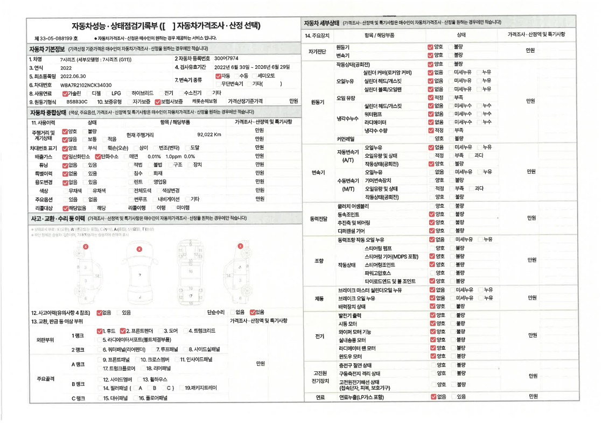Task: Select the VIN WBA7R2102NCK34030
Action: [x=86, y=85]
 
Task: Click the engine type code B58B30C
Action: [x=76, y=101]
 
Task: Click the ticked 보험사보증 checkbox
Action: [x=158, y=101]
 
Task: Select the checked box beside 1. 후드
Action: [x=99, y=331]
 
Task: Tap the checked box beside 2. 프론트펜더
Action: [x=123, y=331]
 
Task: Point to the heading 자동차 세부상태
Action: [x=321, y=23]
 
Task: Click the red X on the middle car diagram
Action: [x=139, y=249]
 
